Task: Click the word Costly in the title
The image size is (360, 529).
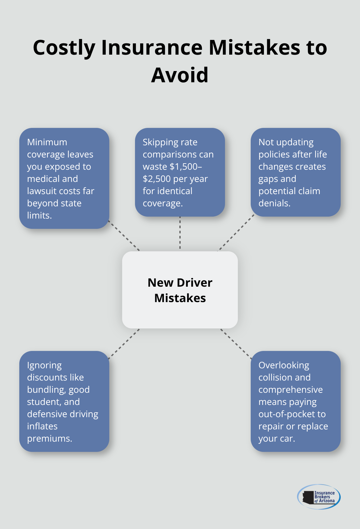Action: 64,48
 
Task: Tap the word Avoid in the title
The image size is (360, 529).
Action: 180,75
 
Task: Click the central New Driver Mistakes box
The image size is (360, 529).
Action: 180,290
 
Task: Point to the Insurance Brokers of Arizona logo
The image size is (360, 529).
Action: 319,497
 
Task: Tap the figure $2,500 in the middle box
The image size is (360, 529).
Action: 157,179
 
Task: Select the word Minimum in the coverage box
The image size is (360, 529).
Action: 47,142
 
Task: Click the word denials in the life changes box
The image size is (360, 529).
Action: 274,203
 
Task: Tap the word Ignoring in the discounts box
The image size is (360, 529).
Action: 44,365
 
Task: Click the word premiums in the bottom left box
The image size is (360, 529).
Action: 50,438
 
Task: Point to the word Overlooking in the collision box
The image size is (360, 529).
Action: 284,365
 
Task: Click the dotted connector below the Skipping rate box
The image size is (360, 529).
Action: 180,233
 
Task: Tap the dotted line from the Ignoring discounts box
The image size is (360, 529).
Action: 124,344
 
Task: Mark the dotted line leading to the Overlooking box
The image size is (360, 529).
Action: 236,344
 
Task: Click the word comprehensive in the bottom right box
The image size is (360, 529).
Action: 291,390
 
